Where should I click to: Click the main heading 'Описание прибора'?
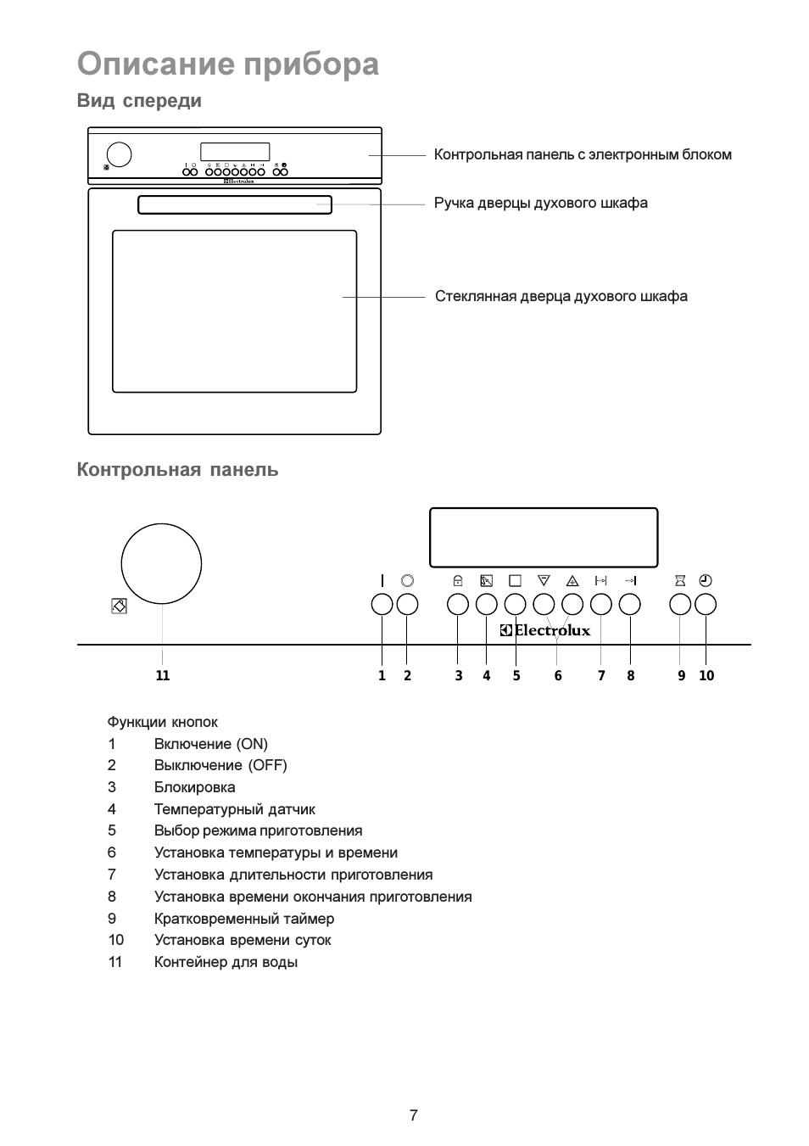tap(228, 64)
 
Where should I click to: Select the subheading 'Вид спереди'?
tap(139, 100)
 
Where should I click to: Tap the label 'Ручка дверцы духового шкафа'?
tap(540, 203)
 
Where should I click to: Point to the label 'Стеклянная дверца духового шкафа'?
tap(561, 296)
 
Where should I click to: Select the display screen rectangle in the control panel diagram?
tap(544, 509)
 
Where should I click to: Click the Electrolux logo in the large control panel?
tap(545, 630)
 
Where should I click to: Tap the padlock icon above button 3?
tap(458, 580)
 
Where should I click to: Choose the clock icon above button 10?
tap(706, 580)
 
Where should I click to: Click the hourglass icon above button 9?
tap(680, 580)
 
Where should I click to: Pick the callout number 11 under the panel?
tap(163, 675)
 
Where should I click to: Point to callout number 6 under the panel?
tap(558, 675)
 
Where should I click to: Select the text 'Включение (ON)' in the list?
tap(210, 744)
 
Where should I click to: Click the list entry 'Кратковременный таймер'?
tap(244, 919)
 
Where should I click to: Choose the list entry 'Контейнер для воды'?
tap(226, 962)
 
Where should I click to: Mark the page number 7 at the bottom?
tap(414, 1115)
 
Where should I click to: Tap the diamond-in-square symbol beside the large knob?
tap(120, 607)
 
